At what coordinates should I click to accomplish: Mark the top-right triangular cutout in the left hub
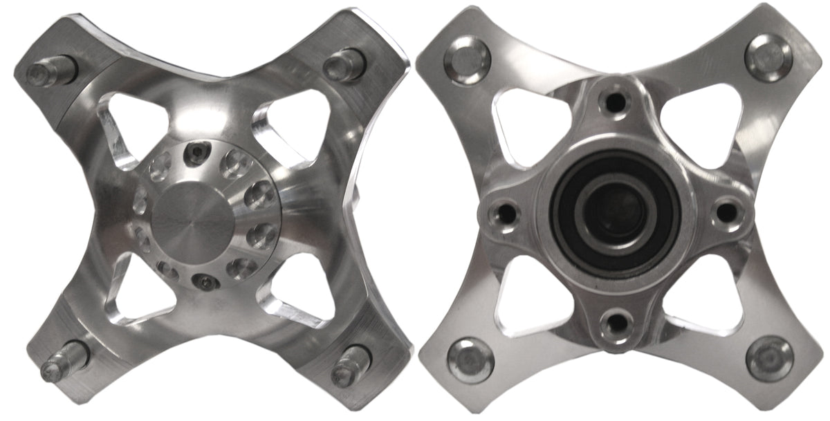(x=284, y=122)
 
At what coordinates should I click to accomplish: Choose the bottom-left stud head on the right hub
(x=471, y=359)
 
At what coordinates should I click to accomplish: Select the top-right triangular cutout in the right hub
(x=698, y=121)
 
